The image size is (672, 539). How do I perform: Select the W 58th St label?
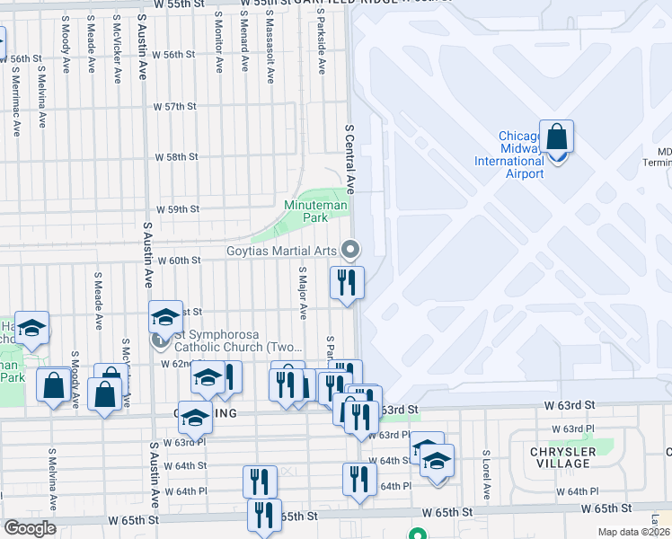pos(175,156)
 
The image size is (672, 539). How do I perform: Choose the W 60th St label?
pos(178,260)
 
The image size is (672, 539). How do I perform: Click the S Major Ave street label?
pos(303,292)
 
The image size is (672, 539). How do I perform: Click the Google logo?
pos(30,528)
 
